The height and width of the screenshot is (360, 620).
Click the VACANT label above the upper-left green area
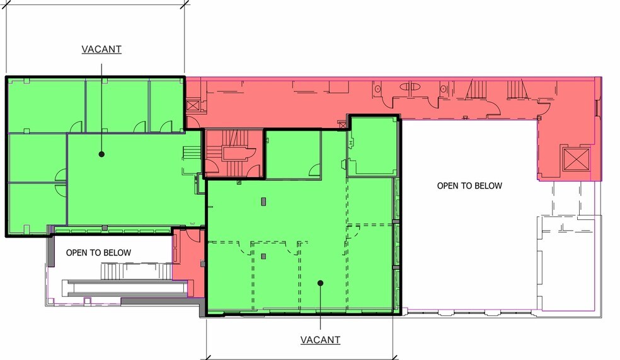(101, 49)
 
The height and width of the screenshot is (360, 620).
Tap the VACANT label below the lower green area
(320, 340)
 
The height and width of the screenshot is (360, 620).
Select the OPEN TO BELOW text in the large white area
(469, 185)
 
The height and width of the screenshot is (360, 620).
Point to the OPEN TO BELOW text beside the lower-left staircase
(98, 253)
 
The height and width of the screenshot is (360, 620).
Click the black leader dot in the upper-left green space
(101, 154)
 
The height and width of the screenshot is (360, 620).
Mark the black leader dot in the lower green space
(320, 283)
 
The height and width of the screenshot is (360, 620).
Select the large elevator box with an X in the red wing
(576, 159)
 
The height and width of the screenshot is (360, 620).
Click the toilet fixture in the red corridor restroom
(410, 86)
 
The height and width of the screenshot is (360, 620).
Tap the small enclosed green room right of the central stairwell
(293, 154)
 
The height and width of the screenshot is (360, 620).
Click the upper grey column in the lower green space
(264, 202)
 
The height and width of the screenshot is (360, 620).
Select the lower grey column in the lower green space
(264, 257)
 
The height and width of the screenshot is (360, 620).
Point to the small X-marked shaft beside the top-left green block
(193, 106)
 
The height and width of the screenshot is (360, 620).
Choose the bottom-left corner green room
(37, 207)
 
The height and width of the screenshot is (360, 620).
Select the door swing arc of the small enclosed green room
(315, 170)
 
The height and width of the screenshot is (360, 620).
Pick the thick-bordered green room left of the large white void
(372, 146)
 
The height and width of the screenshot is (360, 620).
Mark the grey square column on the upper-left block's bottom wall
(105, 228)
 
